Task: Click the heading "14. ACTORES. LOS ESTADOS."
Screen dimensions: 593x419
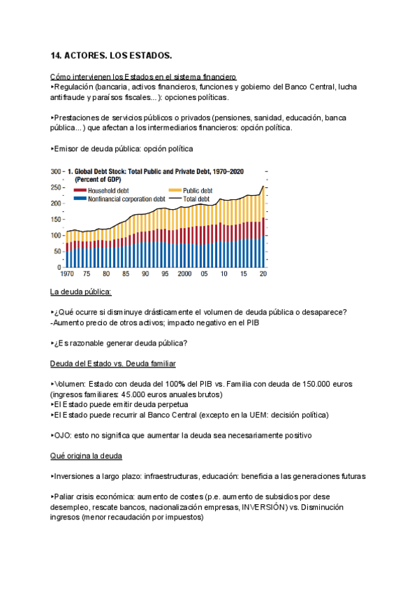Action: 111,55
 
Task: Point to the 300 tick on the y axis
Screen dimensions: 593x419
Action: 56,171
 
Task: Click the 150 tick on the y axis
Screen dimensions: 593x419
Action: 56,220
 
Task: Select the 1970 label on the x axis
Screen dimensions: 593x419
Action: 68,275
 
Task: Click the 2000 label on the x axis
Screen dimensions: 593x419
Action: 184,275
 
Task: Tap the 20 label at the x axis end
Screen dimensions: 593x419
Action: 263,275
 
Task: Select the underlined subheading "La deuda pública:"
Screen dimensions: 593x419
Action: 81,292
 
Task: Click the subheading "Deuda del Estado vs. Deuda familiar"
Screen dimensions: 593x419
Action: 113,364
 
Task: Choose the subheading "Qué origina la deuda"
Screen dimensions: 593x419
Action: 87,456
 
